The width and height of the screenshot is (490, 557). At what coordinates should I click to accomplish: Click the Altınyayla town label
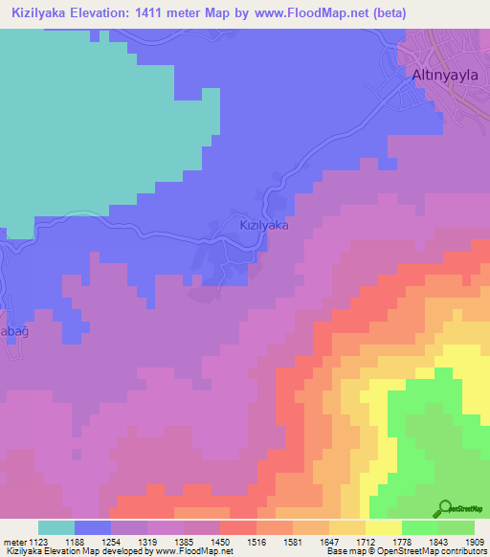[x=443, y=75]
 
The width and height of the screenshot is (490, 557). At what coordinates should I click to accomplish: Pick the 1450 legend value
[x=219, y=541]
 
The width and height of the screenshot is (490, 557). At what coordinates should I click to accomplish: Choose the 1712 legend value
[x=365, y=541]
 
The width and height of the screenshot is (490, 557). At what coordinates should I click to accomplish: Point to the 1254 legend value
[x=111, y=541]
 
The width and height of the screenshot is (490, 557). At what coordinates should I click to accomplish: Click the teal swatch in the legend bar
[x=56, y=527]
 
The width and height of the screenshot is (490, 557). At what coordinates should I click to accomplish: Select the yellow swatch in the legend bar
[x=383, y=527]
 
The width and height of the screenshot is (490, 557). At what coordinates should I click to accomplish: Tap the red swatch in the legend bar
[x=237, y=527]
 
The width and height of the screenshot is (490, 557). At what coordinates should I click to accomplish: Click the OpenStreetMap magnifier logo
[x=444, y=507]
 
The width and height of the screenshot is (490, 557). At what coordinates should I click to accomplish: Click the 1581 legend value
[x=293, y=541]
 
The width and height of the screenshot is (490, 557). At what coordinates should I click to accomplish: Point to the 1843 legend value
[x=437, y=541]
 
